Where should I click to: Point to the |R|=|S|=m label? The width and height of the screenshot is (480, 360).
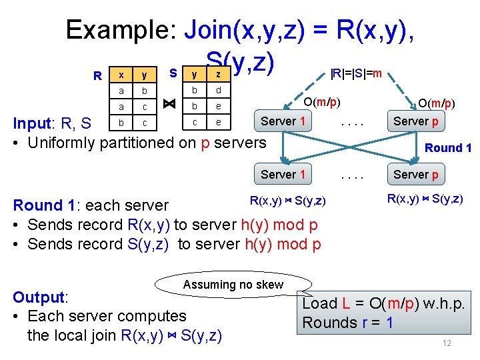pos(356,73)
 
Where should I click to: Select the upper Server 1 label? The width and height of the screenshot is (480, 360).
pos(283,121)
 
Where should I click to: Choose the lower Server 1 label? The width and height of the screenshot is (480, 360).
pos(283,175)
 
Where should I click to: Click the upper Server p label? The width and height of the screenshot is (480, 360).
pos(416,121)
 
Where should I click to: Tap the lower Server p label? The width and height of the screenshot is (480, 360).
pos(416,175)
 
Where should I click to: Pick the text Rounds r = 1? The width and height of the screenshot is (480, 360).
pos(347,323)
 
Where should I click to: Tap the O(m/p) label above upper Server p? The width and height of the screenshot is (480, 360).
pos(436,103)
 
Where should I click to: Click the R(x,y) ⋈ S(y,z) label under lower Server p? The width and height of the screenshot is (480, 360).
pos(426,199)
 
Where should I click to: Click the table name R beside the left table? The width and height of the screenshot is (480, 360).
pos(97,76)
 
